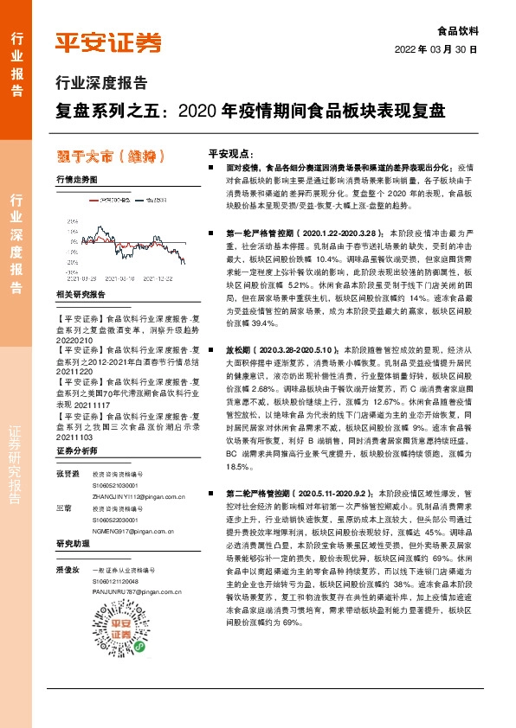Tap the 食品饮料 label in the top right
456,29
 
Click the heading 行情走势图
76,179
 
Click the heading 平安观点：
230,150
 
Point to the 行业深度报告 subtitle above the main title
100,84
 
